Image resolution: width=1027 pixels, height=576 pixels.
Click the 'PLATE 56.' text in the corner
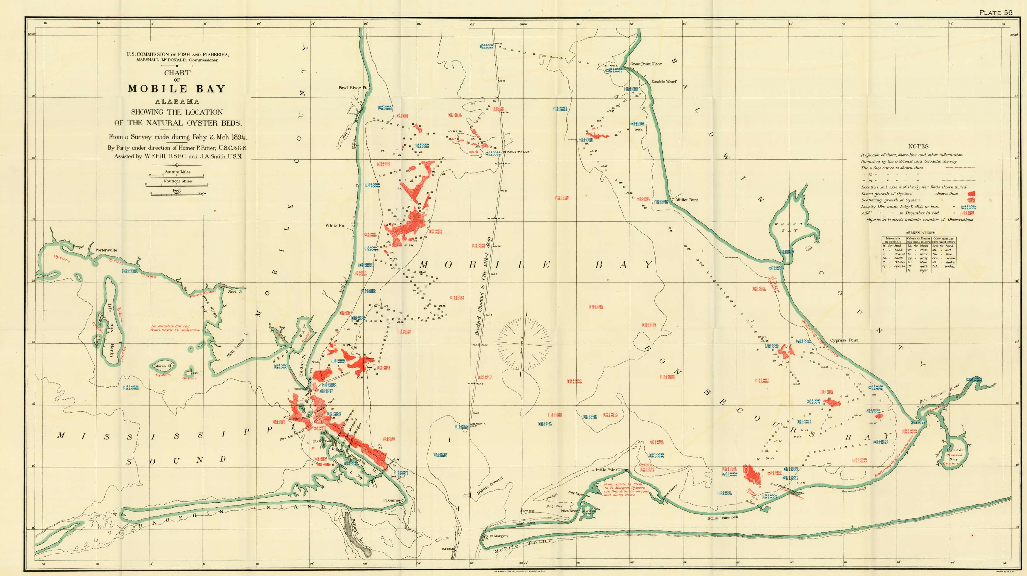click(x=996, y=13)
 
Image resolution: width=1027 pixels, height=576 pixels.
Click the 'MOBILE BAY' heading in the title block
click(x=177, y=89)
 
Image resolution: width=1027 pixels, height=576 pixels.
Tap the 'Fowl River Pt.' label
click(x=352, y=88)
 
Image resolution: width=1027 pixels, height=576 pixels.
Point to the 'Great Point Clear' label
click(x=646, y=64)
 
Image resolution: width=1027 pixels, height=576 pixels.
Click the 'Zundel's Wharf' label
click(x=664, y=82)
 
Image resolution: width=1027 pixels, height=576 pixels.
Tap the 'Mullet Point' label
click(x=687, y=200)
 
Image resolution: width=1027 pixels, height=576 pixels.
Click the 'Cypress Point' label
click(x=844, y=340)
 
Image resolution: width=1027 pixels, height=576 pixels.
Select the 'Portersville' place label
click(x=106, y=250)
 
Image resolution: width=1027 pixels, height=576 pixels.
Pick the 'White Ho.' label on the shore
click(x=335, y=226)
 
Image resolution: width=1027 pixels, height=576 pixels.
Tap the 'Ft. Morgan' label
click(x=498, y=536)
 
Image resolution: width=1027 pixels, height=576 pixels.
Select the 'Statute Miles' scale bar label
click(x=178, y=172)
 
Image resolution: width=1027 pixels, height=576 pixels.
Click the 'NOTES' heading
click(x=918, y=146)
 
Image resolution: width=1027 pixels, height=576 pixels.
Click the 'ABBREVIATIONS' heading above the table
click(x=920, y=232)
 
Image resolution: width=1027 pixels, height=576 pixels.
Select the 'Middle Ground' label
click(x=489, y=486)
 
